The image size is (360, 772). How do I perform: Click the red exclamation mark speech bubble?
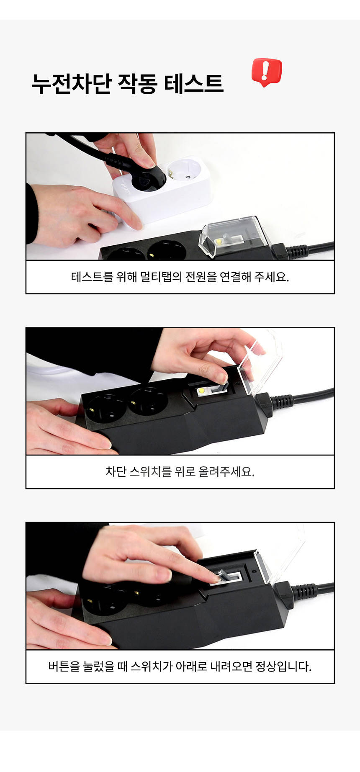267,72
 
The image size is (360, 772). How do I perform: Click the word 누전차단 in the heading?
72,83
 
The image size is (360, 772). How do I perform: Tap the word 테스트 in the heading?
193,83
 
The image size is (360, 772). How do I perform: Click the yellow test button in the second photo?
201,391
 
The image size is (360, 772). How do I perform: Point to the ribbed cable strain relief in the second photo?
282,402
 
